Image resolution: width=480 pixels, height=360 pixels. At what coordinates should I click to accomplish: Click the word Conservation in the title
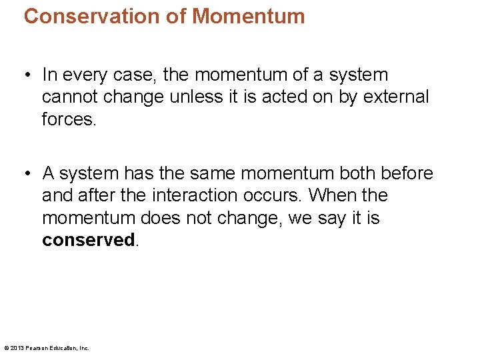(93, 16)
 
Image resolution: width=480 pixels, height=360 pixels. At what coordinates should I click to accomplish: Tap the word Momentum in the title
(249, 16)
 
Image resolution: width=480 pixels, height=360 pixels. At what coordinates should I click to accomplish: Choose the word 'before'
(407, 174)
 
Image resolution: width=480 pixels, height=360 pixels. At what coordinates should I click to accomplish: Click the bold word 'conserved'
(88, 240)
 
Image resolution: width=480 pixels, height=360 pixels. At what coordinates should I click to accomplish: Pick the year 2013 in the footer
(18, 348)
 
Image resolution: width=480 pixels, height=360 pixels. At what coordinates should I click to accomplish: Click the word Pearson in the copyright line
(40, 348)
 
